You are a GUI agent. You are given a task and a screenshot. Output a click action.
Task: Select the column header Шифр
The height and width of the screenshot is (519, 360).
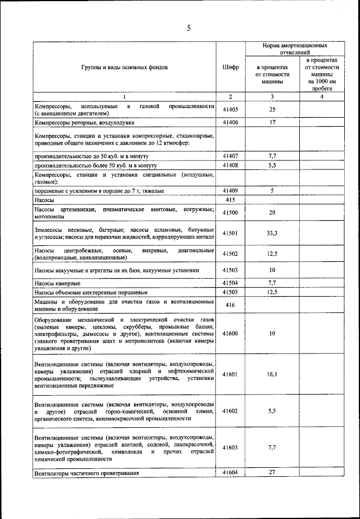click(x=230, y=67)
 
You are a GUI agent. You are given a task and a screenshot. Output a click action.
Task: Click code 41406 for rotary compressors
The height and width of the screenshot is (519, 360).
click(x=230, y=122)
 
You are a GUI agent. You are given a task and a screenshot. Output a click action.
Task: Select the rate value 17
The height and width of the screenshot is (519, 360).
click(x=272, y=122)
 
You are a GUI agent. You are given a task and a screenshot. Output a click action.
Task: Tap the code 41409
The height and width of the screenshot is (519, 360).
click(x=230, y=191)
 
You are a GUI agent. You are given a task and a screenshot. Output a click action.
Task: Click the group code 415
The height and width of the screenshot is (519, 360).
click(x=230, y=200)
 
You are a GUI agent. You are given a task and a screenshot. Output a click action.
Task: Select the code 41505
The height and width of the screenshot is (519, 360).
click(x=230, y=292)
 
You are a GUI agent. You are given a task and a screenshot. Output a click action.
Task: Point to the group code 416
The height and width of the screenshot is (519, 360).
click(x=230, y=305)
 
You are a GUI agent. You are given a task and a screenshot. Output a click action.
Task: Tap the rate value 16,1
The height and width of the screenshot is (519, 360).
click(x=272, y=373)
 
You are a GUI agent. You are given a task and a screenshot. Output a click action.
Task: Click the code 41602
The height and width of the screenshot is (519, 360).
click(x=230, y=411)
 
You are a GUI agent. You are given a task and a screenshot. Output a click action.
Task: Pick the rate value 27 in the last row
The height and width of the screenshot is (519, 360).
click(x=272, y=472)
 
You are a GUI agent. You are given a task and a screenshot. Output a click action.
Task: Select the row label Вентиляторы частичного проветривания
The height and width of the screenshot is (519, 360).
click(x=86, y=473)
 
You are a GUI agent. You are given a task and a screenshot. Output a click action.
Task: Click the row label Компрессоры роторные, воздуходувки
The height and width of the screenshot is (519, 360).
click(x=85, y=122)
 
